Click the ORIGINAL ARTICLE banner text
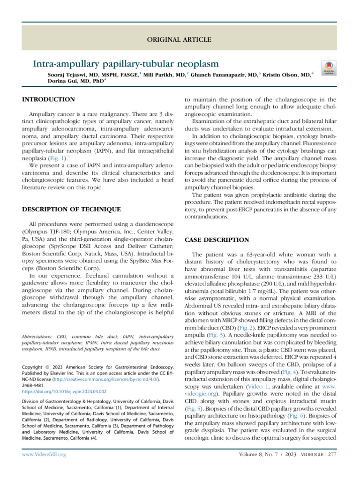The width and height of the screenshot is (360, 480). (x=180, y=39)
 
